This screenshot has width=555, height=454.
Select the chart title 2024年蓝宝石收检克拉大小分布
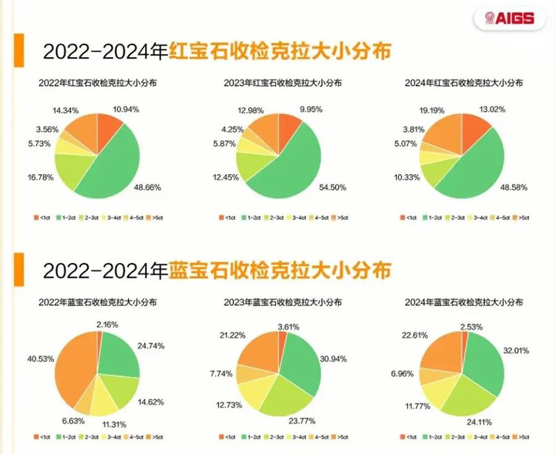pyautogui.click(x=464, y=303)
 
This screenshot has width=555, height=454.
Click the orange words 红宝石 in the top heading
pyautogui.click(x=199, y=51)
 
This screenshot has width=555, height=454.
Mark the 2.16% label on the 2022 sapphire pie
pyautogui.click(x=110, y=324)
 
